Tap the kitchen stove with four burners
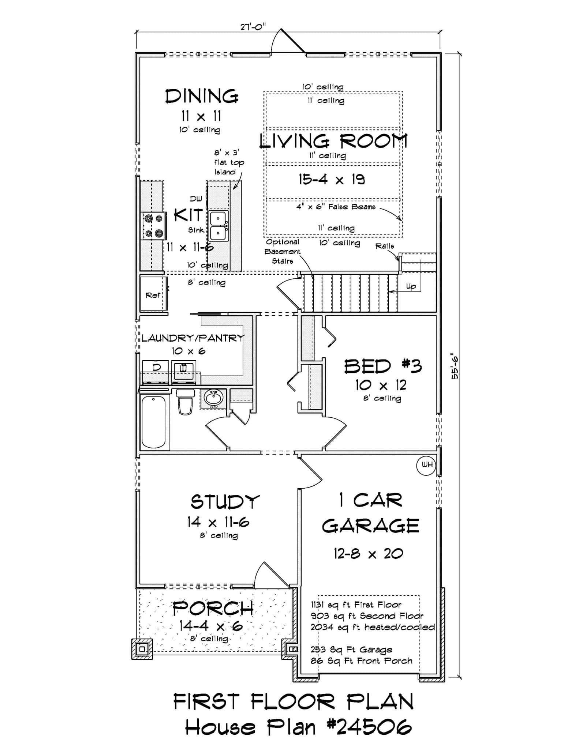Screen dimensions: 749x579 [x=154, y=226]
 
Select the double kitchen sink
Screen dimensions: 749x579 [x=218, y=225]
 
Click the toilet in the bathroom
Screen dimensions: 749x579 [x=185, y=402]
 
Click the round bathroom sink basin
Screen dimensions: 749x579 [x=213, y=398]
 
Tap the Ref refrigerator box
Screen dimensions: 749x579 [x=153, y=295]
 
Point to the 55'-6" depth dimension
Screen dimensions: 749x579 [x=455, y=366]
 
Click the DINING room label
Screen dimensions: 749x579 [x=202, y=97]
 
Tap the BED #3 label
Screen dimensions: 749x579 [x=383, y=366]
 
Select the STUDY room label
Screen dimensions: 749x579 [x=225, y=502]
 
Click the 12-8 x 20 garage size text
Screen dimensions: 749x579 [x=368, y=554]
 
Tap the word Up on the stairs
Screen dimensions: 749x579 [x=411, y=286]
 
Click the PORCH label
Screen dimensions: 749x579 [x=213, y=609]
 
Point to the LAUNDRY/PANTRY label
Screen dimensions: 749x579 [x=193, y=338]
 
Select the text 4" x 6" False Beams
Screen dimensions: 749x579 [x=336, y=207]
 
